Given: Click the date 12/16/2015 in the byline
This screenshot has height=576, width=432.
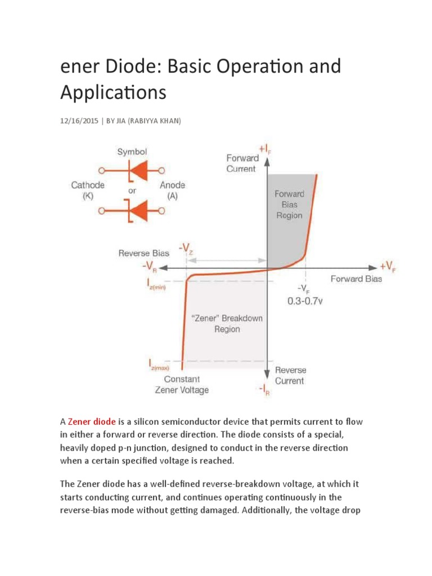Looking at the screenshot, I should click(79, 121).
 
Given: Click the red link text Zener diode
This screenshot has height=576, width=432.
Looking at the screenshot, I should click(92, 421).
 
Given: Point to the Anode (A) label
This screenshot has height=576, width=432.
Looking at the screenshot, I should click(172, 190).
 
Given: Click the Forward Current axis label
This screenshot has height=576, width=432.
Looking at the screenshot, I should click(242, 163).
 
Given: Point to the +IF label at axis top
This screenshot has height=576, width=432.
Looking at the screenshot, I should click(266, 148).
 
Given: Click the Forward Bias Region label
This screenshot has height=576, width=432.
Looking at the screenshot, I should click(289, 204).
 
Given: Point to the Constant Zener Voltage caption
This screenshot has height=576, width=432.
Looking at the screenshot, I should click(181, 384).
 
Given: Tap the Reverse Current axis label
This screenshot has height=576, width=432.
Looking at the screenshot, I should click(290, 375).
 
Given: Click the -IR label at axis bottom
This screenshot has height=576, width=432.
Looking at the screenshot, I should click(264, 391).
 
